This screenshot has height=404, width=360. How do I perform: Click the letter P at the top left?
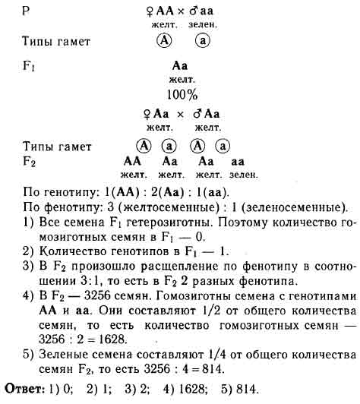coord(26,11)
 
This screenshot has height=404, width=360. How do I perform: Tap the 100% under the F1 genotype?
coord(182,95)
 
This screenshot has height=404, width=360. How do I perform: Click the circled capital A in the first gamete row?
coord(164,40)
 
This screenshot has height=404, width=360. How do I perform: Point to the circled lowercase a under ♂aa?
coord(203,41)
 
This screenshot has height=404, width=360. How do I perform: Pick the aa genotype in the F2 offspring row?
coord(238,162)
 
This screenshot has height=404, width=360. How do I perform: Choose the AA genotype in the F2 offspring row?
coord(132,161)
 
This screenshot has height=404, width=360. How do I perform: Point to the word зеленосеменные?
coord(292,207)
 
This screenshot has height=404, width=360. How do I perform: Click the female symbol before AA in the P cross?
coord(150,12)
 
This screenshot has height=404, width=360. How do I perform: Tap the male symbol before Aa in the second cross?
coord(197,114)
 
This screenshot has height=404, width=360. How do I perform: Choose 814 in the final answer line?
coord(247,389)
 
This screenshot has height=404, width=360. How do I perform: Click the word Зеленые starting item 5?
coord(62,355)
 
